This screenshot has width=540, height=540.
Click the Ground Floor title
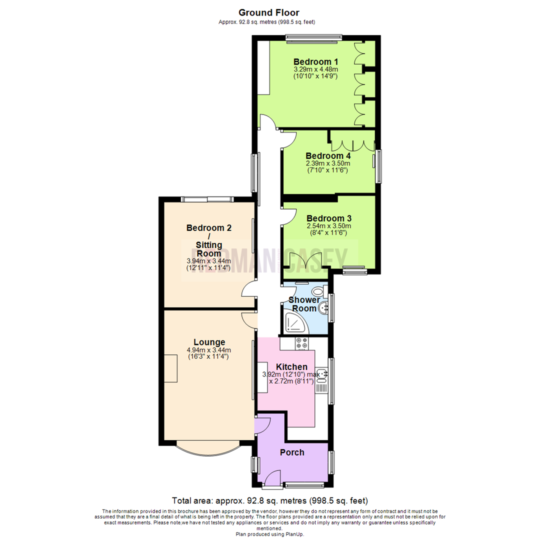point(269,12)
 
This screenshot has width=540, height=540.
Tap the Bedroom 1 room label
point(315,61)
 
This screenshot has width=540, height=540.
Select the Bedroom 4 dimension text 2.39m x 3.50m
point(328,163)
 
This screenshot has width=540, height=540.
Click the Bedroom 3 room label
point(329,218)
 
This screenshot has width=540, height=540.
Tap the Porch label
point(292,452)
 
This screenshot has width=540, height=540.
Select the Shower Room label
point(304,304)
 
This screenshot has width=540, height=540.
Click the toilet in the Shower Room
point(318,291)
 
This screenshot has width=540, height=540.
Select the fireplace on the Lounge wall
point(171,368)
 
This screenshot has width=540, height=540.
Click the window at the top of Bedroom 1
point(314,38)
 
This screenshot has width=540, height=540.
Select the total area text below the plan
point(270,500)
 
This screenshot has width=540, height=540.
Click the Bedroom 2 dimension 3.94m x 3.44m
point(208,261)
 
